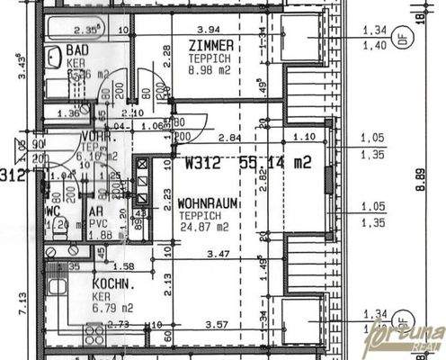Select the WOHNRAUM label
coord(208,204)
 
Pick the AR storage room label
coord(95,213)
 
